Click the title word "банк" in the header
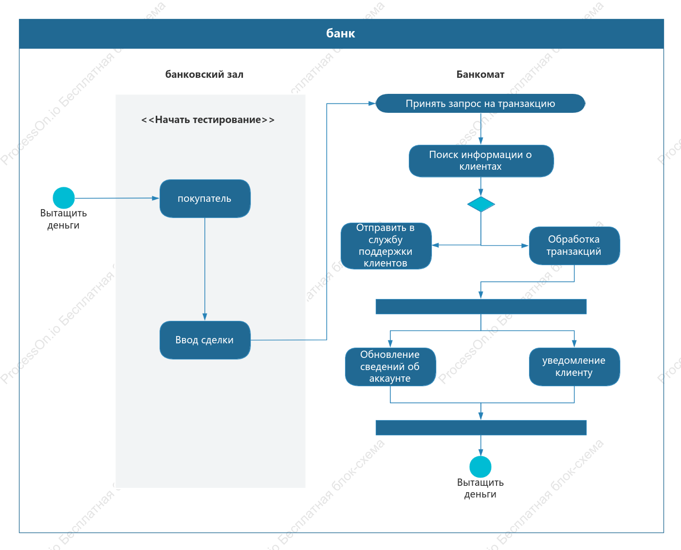coord(341,34)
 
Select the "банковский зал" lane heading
coord(204,74)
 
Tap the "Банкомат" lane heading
coord(480,74)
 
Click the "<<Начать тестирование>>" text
coord(208,120)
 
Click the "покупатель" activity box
coord(205,198)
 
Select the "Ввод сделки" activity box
coord(205,340)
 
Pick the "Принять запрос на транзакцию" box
coord(480,104)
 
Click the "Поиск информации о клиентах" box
coord(481,161)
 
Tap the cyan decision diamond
coord(481,204)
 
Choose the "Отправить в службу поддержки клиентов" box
coord(386,246)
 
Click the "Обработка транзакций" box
coord(574,246)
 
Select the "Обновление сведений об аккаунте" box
coord(390,367)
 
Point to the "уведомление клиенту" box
coord(574,367)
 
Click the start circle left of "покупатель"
coord(64,198)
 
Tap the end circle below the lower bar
coord(480,467)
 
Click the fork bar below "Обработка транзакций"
coord(481,307)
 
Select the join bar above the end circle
coord(481,427)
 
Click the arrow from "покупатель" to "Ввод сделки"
coord(205,269)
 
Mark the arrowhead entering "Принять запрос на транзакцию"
coord(372,104)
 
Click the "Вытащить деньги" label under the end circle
coord(480,488)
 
